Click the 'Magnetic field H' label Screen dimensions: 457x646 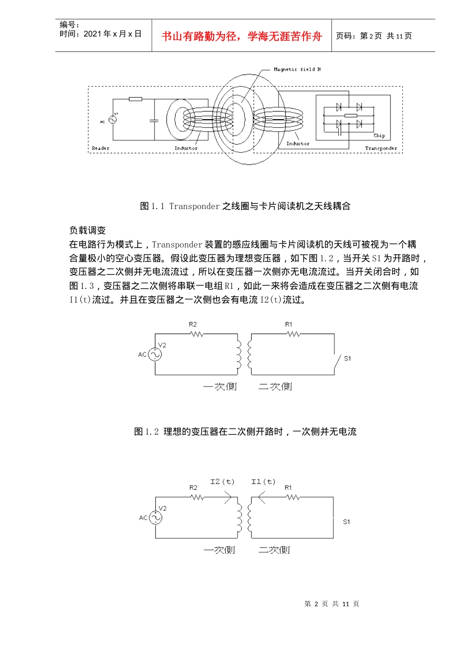coord(297,70)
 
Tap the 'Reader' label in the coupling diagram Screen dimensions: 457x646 coord(101,148)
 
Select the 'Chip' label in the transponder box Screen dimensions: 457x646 coord(379,136)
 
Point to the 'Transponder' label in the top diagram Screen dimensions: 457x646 coord(381,148)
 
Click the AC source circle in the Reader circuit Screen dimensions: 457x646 coord(113,120)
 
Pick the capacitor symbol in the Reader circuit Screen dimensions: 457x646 coord(154,121)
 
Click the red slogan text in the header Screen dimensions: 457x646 coord(241,37)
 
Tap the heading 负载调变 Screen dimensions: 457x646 coord(88,230)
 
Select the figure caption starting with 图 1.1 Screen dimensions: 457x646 coord(245,206)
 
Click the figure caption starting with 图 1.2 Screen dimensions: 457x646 coord(245,432)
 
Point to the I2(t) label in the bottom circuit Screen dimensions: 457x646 coord(222,482)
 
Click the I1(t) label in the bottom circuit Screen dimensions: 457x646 coord(263,482)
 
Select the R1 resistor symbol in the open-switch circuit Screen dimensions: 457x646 coord(292,334)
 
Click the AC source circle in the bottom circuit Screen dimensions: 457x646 coord(155,518)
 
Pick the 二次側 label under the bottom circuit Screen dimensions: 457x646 coord(274,550)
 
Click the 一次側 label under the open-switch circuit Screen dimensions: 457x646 coord(220,386)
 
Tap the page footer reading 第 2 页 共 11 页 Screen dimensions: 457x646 coord(331,604)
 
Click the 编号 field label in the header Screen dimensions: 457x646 coord(69,25)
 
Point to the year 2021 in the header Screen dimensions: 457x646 coord(93,34)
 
